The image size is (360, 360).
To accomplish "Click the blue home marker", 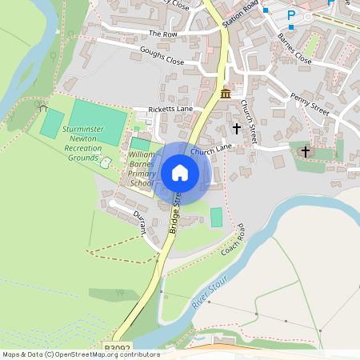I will point(180,173).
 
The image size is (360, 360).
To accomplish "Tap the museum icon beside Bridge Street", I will point(226,94).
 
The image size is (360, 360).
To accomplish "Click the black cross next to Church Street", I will point(236,127).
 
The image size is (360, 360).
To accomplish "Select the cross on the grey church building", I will point(305,151).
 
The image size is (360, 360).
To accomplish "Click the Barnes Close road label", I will point(294,49).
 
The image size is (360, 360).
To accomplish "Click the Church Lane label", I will point(211,150).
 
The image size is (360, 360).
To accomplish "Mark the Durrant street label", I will point(139,223).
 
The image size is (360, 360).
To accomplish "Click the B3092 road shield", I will point(115,349).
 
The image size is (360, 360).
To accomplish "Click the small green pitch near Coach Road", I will point(216,217).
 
